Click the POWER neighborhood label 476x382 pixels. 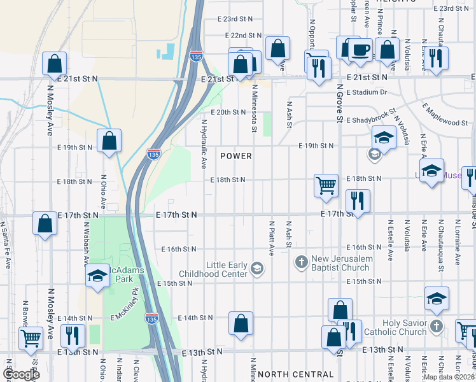[236, 156]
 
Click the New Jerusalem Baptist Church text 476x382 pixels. [340, 263]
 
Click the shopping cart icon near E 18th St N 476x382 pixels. [326, 185]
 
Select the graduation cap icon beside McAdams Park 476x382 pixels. [97, 276]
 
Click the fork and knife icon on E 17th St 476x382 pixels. [358, 201]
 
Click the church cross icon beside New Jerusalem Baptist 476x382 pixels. [302, 262]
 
